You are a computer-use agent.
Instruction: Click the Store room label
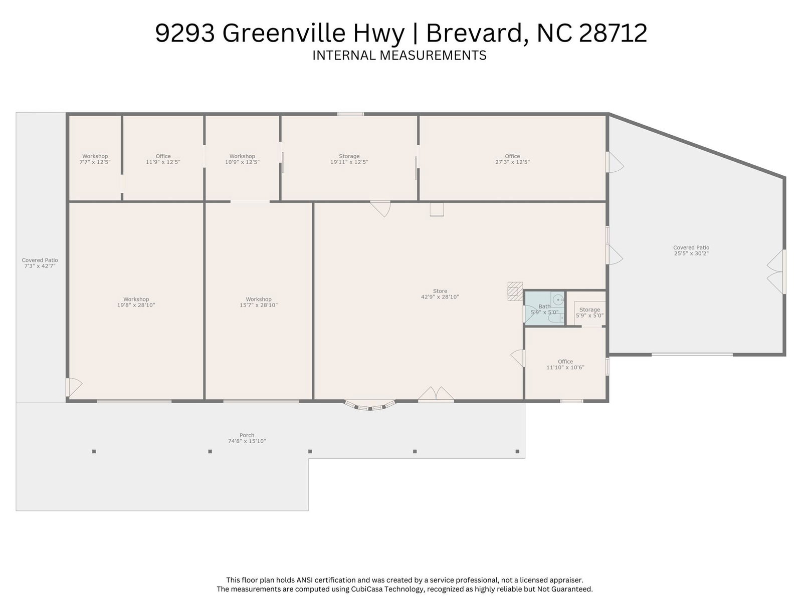(x=440, y=291)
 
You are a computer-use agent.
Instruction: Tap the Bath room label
(x=544, y=307)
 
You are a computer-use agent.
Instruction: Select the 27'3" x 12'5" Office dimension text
(x=512, y=162)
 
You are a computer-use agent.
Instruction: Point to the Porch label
(x=247, y=435)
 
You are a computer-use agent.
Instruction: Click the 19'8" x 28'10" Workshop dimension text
(x=136, y=305)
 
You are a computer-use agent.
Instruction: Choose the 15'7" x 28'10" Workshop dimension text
(x=258, y=305)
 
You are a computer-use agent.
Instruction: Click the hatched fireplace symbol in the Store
(x=515, y=291)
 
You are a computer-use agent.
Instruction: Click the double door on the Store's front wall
(x=436, y=395)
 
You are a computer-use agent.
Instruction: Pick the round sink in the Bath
(x=558, y=300)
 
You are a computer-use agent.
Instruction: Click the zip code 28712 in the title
(x=613, y=33)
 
